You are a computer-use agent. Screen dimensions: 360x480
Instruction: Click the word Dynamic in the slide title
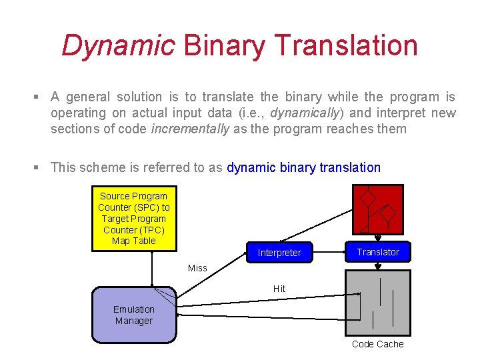click(118, 45)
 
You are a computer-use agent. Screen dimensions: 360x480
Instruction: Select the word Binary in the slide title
click(224, 45)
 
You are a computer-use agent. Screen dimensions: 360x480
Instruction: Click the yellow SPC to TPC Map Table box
click(134, 219)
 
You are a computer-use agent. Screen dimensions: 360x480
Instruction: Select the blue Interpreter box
click(279, 253)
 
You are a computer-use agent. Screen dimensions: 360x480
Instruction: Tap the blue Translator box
click(377, 251)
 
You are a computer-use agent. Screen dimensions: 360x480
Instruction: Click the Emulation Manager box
click(133, 315)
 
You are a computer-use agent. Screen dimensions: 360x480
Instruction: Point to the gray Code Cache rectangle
click(377, 303)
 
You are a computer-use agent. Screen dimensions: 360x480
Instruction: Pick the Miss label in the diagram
click(197, 268)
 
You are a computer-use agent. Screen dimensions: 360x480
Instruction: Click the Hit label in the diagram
click(279, 289)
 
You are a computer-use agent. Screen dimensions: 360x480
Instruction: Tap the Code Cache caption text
click(377, 344)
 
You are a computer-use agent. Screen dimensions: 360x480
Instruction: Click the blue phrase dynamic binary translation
click(303, 167)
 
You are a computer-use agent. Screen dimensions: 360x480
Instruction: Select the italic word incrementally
click(190, 129)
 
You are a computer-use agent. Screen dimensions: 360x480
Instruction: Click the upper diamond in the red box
click(367, 198)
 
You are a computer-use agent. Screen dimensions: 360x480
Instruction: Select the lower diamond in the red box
click(388, 214)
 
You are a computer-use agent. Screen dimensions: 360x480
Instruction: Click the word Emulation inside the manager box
click(133, 309)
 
